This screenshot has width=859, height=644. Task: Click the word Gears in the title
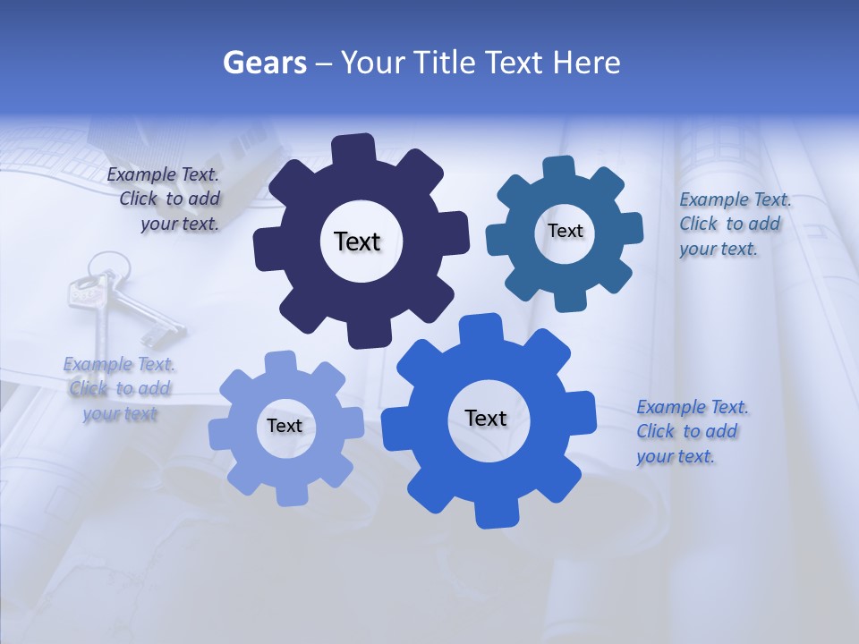tap(264, 63)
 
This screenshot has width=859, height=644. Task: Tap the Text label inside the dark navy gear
tap(357, 241)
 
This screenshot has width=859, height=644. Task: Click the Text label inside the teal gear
tap(565, 231)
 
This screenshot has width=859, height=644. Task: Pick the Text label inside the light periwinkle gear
tap(285, 426)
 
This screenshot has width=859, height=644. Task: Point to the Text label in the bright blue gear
tap(486, 418)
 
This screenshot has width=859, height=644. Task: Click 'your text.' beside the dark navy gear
tap(179, 225)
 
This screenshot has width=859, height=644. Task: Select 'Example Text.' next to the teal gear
tap(735, 199)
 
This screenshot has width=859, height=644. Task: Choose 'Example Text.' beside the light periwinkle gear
tap(119, 364)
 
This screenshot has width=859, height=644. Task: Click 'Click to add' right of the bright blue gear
tap(686, 431)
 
